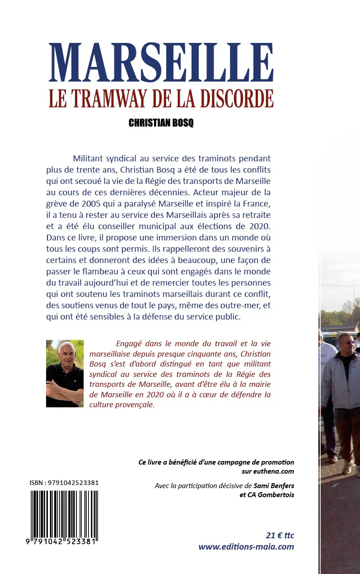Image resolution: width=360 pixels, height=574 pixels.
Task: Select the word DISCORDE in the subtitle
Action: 237,99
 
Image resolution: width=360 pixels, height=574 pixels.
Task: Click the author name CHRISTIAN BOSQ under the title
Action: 161,123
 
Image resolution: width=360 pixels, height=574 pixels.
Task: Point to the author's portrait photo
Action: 65,373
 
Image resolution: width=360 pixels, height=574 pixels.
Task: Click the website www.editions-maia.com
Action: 246,547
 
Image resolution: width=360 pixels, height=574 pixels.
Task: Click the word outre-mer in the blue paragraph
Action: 236,306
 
